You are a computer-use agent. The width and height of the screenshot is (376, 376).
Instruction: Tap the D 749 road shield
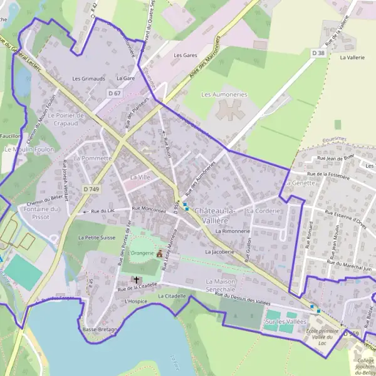pyautogui.click(x=91, y=189)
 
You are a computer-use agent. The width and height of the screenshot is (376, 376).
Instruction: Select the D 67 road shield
pyautogui.click(x=113, y=93)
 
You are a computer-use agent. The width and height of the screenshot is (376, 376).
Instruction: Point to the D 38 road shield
pyautogui.click(x=319, y=53)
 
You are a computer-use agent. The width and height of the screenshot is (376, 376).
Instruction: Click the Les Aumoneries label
pyautogui.click(x=224, y=95)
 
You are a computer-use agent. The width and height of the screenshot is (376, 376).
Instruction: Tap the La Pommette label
pyautogui.click(x=92, y=159)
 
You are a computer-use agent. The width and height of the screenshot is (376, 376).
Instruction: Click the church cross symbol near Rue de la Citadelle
pyautogui.click(x=135, y=279)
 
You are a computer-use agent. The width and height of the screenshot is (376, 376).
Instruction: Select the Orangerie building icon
pyautogui.click(x=159, y=253)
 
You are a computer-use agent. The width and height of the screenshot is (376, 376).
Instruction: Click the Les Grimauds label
pyautogui.click(x=89, y=79)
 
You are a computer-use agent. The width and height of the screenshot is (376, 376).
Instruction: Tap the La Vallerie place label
pyautogui.click(x=352, y=56)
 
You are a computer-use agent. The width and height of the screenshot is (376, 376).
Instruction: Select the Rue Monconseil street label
pyautogui.click(x=149, y=209)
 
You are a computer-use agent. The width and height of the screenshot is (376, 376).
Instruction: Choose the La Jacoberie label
pyautogui.click(x=219, y=251)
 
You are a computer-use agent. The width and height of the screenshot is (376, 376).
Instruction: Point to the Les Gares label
pyautogui.click(x=185, y=55)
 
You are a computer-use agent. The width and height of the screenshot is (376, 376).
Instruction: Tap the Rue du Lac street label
pyautogui.click(x=103, y=211)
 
